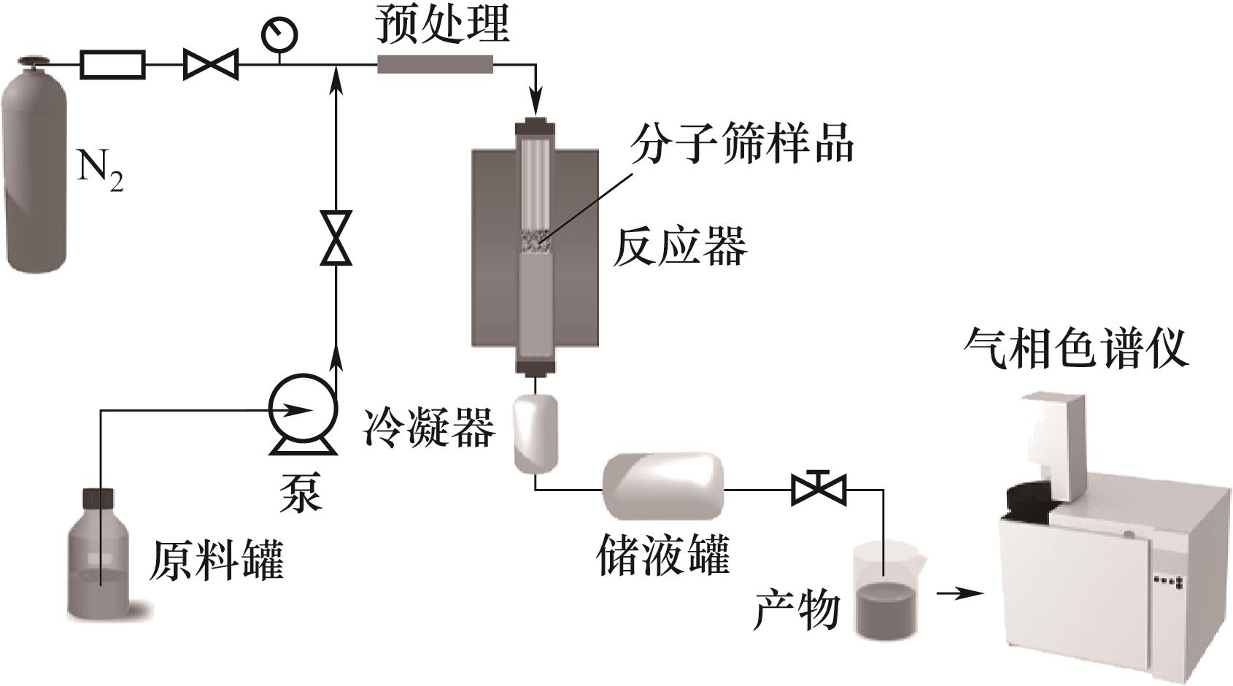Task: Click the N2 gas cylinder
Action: coord(34,165)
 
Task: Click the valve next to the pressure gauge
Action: coord(211,64)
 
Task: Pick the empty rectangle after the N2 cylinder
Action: coord(113,64)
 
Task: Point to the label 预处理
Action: coord(442,26)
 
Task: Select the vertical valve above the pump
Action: coord(336,238)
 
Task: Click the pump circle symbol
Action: coord(301,409)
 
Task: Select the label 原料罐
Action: coord(217,560)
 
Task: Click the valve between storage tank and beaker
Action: coord(819,487)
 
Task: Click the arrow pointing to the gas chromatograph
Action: coord(960,593)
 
